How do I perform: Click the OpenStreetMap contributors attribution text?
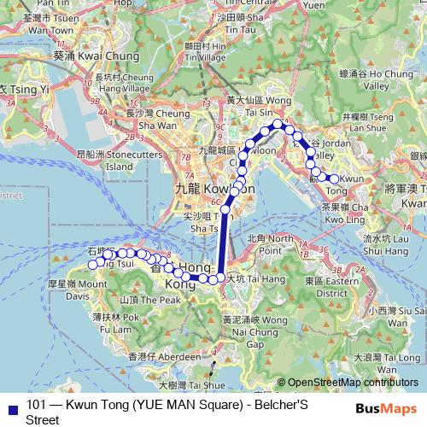tap(352, 382)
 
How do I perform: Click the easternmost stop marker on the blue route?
tap(334, 178)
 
